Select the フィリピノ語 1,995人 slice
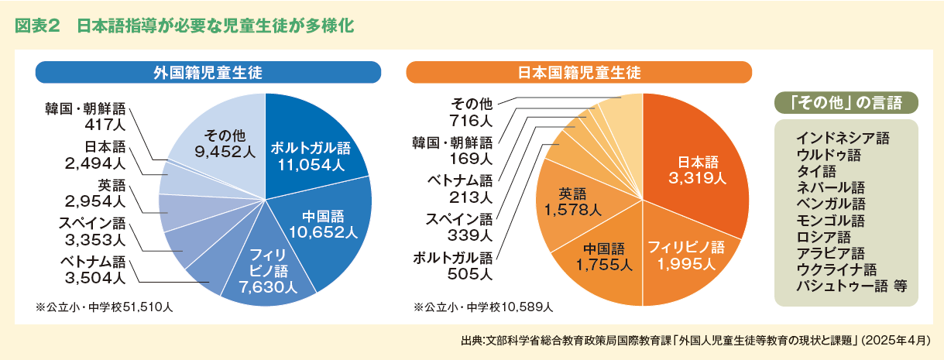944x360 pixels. [685, 256]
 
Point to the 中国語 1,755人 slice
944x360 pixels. [603, 256]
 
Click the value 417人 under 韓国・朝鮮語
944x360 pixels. [101, 123]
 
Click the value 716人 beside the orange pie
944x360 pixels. [471, 121]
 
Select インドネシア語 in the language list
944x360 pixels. [843, 139]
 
